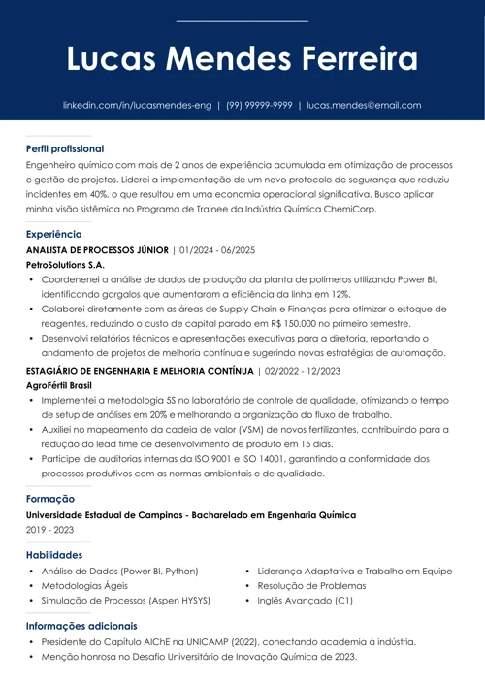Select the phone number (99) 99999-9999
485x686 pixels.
[259, 105]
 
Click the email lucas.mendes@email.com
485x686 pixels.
[364, 105]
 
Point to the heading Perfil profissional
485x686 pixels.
[65, 149]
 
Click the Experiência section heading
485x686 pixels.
[54, 235]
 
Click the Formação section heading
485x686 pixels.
[50, 499]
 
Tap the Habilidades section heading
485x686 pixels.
[54, 555]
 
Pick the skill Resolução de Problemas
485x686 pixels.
[311, 586]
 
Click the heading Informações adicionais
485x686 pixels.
[81, 627]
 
